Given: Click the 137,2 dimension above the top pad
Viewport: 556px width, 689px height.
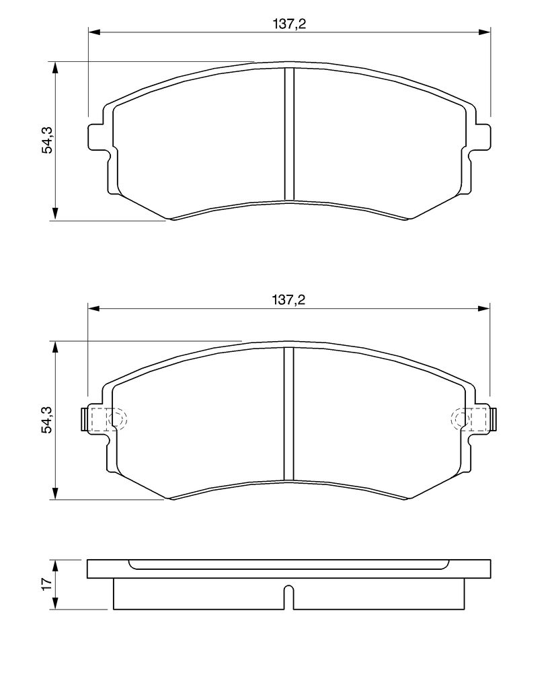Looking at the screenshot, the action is pyautogui.click(x=289, y=24).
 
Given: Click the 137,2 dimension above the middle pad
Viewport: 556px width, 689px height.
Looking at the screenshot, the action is pyautogui.click(x=288, y=300).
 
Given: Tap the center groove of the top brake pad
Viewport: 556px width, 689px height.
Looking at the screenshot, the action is pyautogui.click(x=288, y=134).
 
